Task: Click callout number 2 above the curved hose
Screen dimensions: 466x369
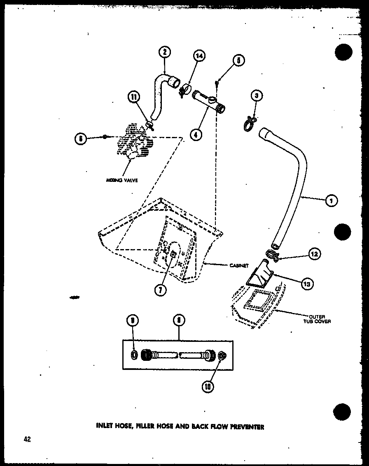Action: [164, 52]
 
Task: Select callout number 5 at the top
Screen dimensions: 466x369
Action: [238, 61]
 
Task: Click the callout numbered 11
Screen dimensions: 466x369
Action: [133, 97]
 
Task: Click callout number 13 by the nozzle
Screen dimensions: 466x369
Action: [307, 283]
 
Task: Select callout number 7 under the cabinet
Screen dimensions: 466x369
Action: [160, 289]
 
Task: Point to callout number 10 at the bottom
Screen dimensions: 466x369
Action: [207, 387]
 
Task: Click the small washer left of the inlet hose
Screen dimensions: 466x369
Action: [134, 355]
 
